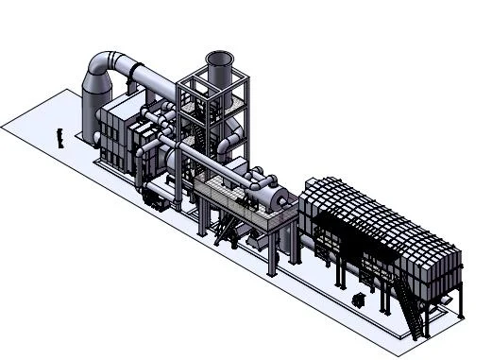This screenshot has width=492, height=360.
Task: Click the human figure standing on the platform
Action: pos(60,137)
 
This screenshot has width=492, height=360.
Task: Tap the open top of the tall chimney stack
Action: pos(219,59)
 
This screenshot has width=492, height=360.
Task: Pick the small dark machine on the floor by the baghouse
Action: pos(358,300)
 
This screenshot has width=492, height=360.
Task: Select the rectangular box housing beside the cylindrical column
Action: pos(118,128)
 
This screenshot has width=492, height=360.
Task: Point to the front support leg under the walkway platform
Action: pos(274,255)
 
